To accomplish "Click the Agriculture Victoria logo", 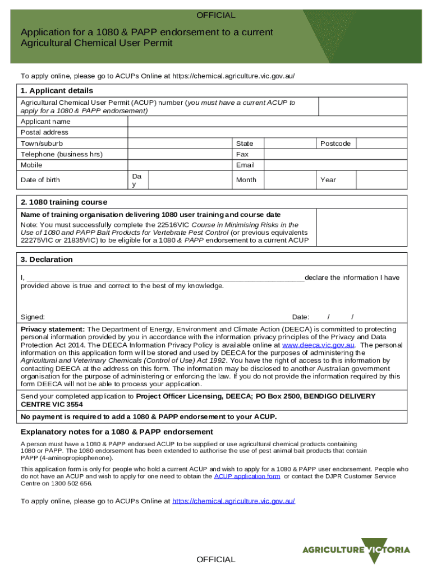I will point(356,550).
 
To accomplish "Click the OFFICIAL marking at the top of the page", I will point(216,15).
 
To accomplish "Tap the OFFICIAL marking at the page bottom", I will point(216,559).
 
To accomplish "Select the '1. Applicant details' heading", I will point(57,90).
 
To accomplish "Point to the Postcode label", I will point(335,143).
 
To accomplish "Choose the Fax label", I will point(242,154).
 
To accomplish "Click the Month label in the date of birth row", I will point(246,180).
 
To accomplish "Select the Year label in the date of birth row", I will point(328,180).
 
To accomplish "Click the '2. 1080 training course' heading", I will point(64,202).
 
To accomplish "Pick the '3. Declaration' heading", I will point(47,260).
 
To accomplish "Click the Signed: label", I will point(33,317).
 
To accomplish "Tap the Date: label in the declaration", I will point(301,317).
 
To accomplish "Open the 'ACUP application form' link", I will point(247,476).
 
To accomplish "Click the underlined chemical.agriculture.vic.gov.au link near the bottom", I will point(233,501).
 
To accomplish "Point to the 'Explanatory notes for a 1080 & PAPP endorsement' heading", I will point(117,432).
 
